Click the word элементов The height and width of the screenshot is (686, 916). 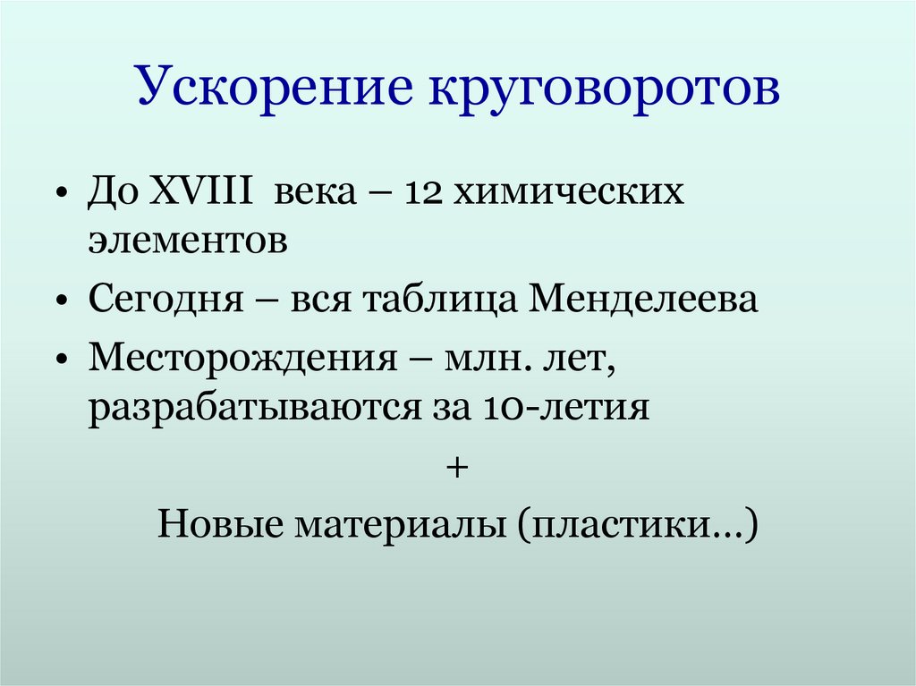click(188, 242)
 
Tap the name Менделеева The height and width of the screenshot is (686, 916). click(644, 300)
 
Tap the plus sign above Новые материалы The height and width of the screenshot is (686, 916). click(457, 468)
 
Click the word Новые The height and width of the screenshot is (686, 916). click(215, 523)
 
